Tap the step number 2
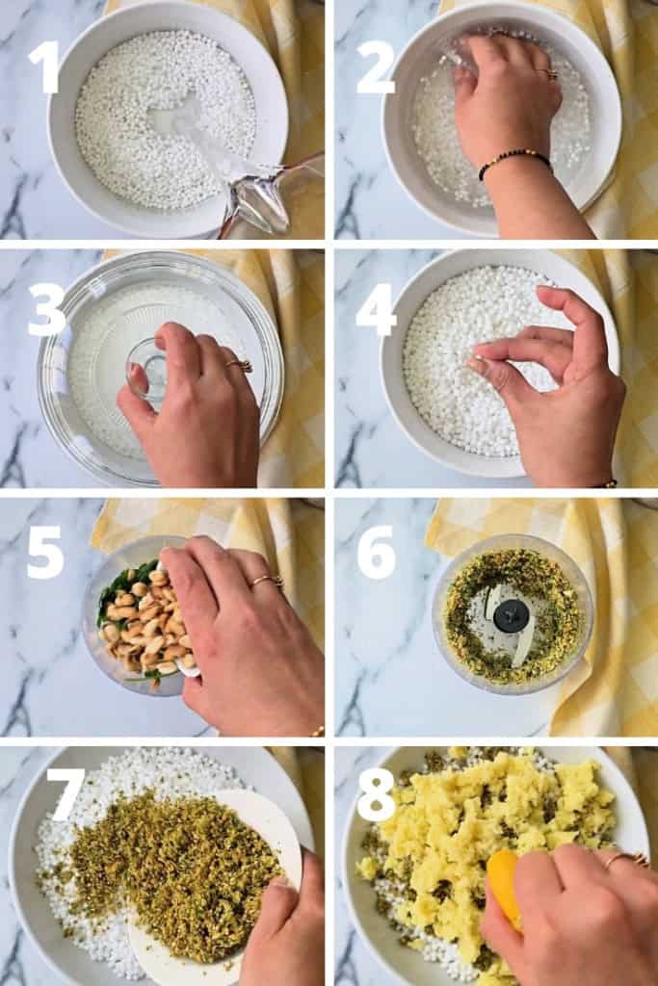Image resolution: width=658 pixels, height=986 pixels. (x=375, y=66)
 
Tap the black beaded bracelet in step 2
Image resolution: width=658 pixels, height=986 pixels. (x=515, y=160)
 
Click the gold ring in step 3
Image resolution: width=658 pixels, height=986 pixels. (x=239, y=365)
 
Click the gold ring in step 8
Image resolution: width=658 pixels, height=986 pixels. (x=626, y=859)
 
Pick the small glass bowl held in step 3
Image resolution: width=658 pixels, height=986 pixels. (x=146, y=367)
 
